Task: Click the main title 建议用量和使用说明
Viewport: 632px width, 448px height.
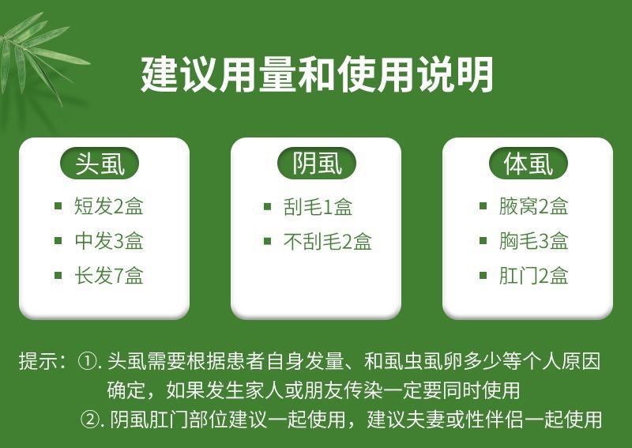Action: tap(317, 74)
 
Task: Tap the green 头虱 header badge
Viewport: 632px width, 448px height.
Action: tap(100, 164)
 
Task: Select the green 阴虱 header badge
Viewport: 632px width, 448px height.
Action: tap(317, 164)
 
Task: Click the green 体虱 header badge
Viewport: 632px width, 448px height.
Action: tap(528, 164)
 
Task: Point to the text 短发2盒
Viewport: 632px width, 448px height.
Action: tap(109, 206)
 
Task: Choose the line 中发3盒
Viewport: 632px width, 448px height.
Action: tap(109, 241)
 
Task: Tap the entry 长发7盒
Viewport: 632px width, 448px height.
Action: tap(109, 276)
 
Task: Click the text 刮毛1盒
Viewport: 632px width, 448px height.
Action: tap(318, 206)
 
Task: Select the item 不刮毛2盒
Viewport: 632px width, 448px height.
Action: tap(327, 241)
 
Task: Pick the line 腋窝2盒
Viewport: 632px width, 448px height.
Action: tap(534, 206)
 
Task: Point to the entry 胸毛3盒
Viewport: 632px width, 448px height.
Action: tap(534, 241)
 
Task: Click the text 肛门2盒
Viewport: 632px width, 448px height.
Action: tap(534, 276)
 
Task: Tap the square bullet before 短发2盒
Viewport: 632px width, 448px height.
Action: tap(58, 206)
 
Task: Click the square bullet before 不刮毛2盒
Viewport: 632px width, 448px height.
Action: tap(267, 241)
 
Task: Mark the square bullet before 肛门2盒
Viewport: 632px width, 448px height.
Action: tap(483, 276)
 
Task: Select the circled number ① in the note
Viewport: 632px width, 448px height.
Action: tap(86, 361)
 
